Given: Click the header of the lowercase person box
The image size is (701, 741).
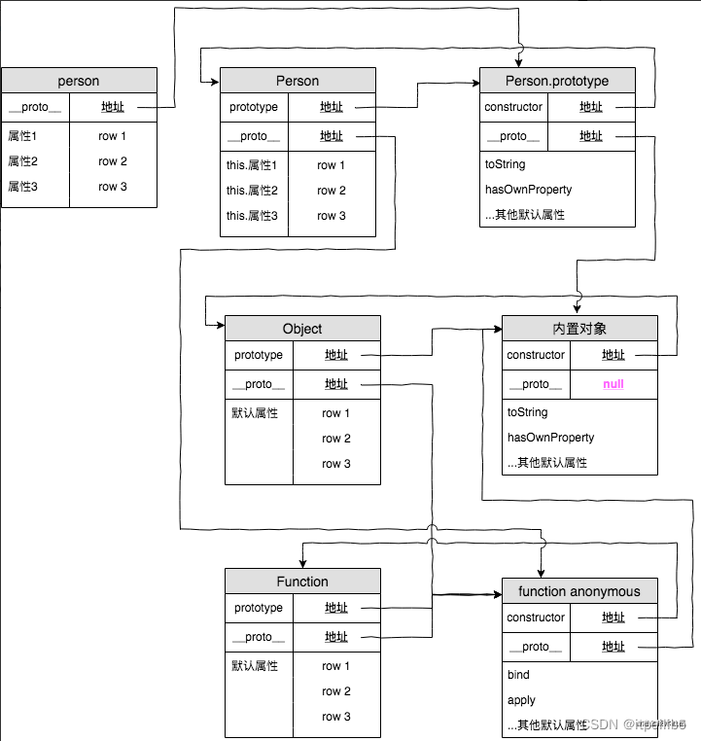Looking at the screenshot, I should click(x=79, y=81).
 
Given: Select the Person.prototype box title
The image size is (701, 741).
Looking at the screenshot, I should click(x=557, y=81).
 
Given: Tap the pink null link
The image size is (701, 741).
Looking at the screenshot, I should click(x=613, y=384).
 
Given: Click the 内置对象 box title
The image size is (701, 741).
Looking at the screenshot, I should click(x=579, y=328).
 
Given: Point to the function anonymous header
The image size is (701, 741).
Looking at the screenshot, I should click(x=579, y=591).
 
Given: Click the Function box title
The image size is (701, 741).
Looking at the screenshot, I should click(x=302, y=582).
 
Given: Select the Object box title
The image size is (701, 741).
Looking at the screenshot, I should click(x=302, y=329).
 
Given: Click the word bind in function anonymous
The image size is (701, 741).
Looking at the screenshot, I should click(x=518, y=675).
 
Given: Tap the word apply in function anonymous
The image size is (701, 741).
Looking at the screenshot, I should click(x=522, y=700).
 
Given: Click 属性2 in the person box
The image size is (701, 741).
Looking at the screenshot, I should click(x=22, y=161).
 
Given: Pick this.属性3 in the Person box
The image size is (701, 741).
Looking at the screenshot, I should click(x=252, y=216).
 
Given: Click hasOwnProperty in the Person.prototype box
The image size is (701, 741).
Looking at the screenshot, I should click(x=528, y=190).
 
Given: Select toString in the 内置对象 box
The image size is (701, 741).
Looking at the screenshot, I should click(x=528, y=412).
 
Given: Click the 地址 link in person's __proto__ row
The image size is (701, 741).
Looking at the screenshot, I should click(x=113, y=107).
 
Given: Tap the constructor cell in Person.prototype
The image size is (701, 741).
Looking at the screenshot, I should click(x=513, y=107).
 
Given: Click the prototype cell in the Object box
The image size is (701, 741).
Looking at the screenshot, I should click(x=259, y=355).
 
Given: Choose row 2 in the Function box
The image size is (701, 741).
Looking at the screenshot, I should click(x=336, y=691).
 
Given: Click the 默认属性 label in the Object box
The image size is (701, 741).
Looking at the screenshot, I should click(x=255, y=413).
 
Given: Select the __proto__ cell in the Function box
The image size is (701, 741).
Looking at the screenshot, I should click(x=259, y=637).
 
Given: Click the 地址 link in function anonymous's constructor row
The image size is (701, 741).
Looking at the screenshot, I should click(x=613, y=617).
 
